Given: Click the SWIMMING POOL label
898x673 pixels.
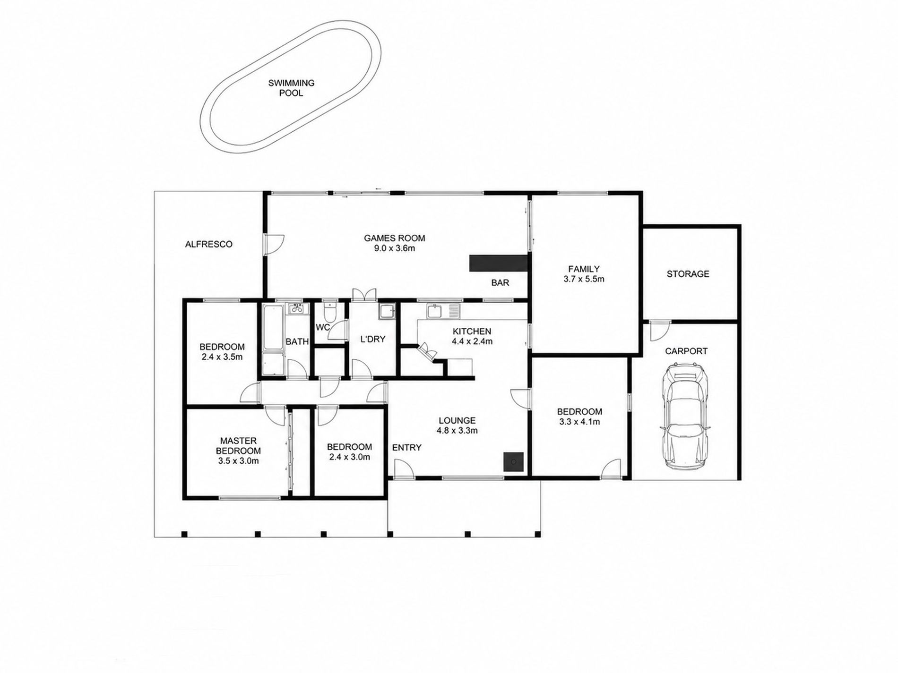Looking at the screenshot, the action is [x=291, y=88].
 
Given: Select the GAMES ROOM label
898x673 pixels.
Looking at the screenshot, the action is [x=394, y=238].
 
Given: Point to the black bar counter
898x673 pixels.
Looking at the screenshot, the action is [x=498, y=263].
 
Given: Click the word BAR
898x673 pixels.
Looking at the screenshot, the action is [x=500, y=283].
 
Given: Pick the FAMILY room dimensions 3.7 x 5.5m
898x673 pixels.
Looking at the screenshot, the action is [x=584, y=279].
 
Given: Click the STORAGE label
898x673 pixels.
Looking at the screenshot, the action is [x=688, y=274].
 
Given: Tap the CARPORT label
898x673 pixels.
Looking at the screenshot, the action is [x=686, y=351].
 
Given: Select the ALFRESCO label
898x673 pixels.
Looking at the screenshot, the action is [x=208, y=244].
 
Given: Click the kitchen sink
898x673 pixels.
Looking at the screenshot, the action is [x=443, y=311].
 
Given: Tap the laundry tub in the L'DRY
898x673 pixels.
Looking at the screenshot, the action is [x=386, y=312].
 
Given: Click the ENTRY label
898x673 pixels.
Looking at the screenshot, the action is [x=406, y=447].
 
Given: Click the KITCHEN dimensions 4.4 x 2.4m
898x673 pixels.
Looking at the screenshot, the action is [x=472, y=341].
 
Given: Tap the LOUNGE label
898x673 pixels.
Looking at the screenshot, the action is [x=457, y=420].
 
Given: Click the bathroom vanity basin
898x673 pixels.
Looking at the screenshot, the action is [x=297, y=309].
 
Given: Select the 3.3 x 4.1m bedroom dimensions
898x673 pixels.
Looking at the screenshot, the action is [x=579, y=422].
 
